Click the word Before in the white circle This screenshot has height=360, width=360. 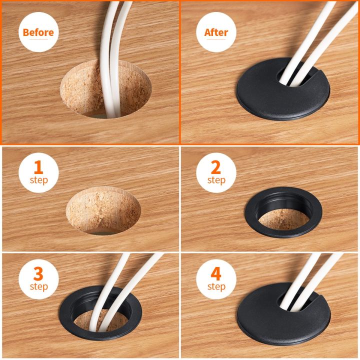(38, 33)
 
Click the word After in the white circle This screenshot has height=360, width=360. (216, 33)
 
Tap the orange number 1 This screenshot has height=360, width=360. (38, 167)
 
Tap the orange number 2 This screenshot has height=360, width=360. (216, 167)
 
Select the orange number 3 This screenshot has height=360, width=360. (38, 274)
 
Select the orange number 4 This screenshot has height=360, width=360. (216, 274)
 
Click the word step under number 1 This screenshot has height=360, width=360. (38, 180)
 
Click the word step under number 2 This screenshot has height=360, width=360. (216, 180)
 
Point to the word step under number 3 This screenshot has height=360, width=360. (38, 287)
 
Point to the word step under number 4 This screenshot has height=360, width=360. (216, 287)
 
